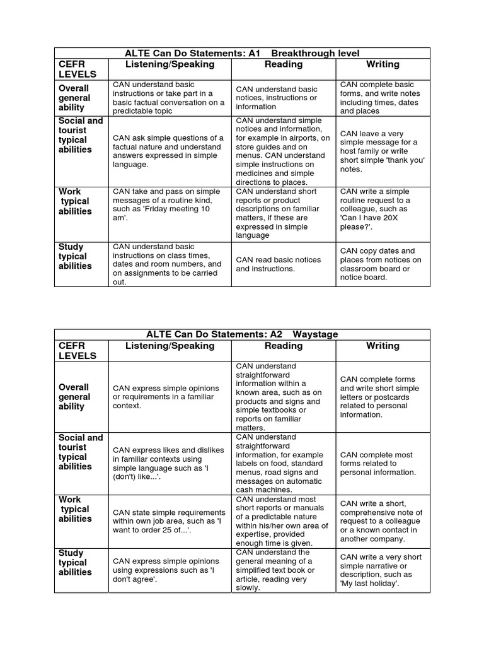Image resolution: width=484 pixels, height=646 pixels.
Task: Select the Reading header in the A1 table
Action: point(283,64)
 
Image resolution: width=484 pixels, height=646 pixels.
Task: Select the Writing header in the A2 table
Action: point(383,346)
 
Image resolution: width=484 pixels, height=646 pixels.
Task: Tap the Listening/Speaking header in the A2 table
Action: point(170,346)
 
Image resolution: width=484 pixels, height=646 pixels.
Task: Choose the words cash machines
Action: point(265,490)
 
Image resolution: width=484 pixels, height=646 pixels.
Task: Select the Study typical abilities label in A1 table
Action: point(75,257)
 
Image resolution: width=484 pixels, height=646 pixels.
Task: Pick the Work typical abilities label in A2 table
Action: point(74,509)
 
